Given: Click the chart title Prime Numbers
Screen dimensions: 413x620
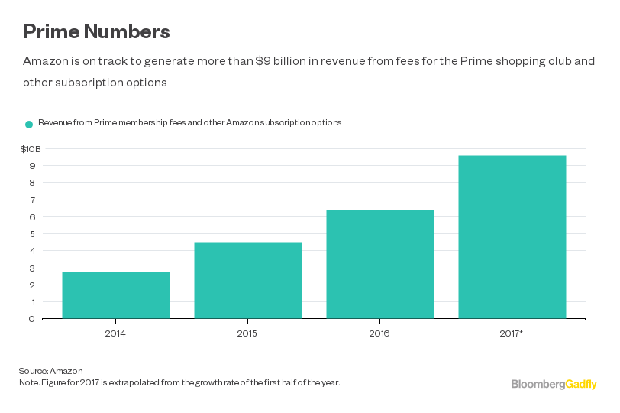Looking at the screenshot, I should pos(96,31).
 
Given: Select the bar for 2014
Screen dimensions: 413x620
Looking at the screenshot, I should pos(116,295).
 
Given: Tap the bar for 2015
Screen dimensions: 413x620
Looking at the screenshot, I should pos(248,281).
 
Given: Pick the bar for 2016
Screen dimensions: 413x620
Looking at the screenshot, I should pos(380,264).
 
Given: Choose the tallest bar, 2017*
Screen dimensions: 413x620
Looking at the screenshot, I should pos(512,237).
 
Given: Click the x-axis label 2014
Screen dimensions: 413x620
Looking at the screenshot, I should pos(116,333).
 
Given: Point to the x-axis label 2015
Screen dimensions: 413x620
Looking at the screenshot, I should pos(248,333).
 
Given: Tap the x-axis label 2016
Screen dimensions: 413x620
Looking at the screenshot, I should pos(380,333).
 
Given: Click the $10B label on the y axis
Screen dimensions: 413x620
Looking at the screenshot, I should pos(31,148).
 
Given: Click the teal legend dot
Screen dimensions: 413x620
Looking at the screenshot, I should pos(29,124).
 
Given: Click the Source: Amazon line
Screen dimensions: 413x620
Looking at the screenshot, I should pos(51,371).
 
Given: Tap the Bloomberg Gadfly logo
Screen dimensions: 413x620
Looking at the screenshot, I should pos(554,384).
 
